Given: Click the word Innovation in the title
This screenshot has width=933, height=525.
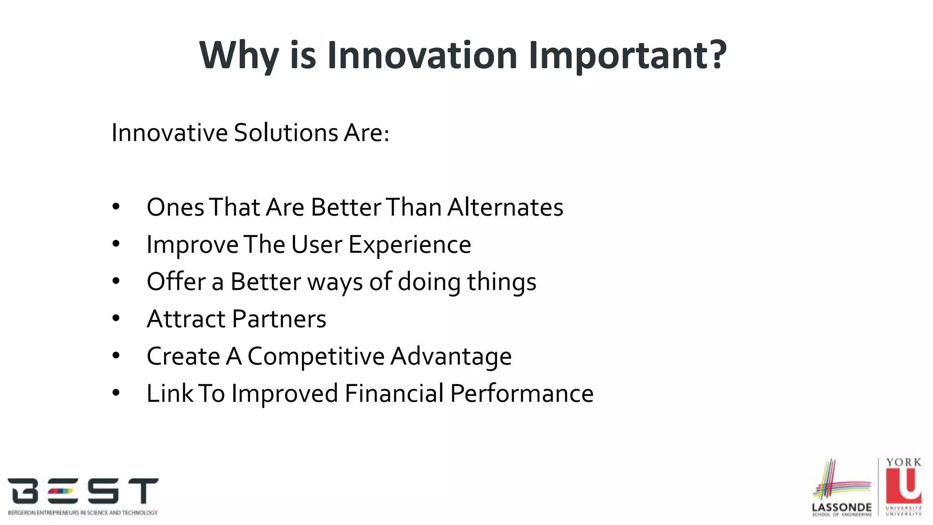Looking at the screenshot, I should coord(422,55).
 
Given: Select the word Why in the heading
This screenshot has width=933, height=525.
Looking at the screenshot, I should coord(239,56).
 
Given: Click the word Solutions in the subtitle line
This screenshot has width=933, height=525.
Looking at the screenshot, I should coord(285,133).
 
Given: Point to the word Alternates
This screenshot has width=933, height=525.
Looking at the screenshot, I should coord(505,207).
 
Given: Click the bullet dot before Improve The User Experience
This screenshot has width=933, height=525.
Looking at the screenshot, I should coord(116,244).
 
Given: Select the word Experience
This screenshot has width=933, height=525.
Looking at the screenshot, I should coord(410,245).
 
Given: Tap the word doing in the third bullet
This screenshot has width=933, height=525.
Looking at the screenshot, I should coord(429,282).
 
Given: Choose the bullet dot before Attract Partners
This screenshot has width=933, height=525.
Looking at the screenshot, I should coord(116,319).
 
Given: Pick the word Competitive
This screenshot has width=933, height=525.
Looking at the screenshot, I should coord(316,356).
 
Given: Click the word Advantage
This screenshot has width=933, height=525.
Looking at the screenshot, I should coord(451,356).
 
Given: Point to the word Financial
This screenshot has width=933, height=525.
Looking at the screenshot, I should coord(394,393).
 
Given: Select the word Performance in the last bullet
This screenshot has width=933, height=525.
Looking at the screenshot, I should coord(522,393).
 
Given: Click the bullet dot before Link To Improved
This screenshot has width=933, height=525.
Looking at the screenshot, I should coord(116,393).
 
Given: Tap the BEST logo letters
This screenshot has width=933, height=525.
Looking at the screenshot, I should coord(83,491).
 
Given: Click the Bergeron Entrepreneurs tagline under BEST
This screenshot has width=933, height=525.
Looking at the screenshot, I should coord(83,513).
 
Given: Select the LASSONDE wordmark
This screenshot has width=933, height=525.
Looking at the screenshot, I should coord(841,507).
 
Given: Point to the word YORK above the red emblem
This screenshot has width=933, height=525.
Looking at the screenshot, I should coord(904,462).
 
